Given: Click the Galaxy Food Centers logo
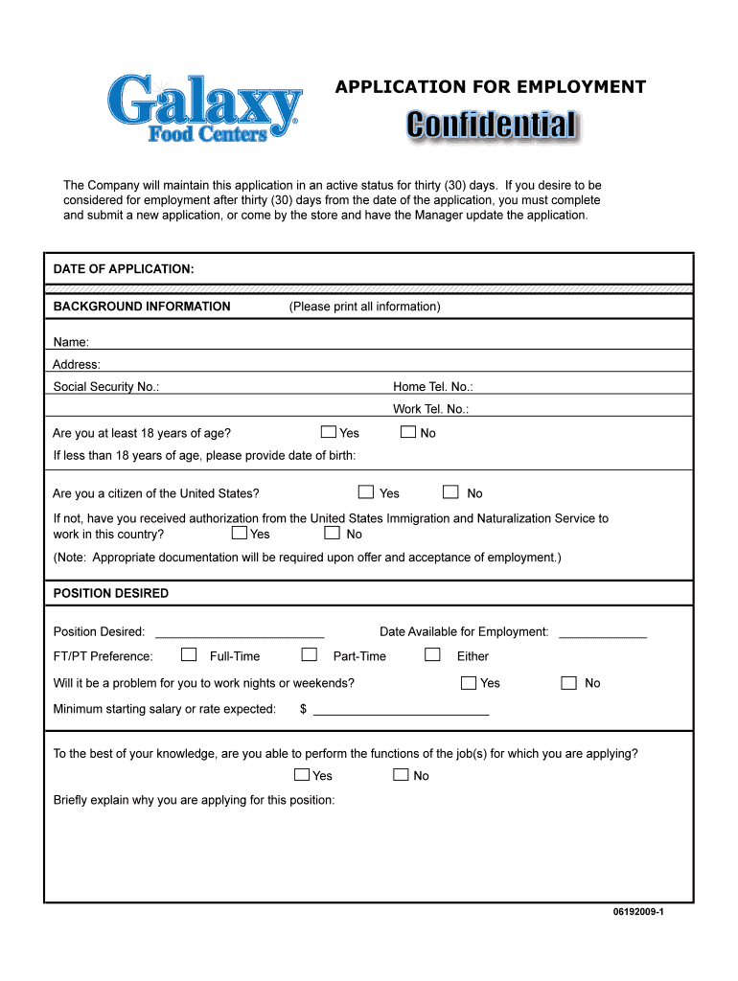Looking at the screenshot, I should coord(204,108).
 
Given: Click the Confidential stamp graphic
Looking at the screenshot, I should coord(492,125).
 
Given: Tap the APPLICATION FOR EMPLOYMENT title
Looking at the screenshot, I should coord(490,88).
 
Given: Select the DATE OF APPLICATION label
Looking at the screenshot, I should coord(124,269).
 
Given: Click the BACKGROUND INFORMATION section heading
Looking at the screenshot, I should coord(142,307).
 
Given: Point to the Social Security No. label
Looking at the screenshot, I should coord(106,387).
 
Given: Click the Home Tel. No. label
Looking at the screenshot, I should coord(432,387).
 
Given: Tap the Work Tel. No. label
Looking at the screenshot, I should coord(430,409).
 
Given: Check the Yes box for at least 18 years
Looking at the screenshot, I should coord(329,432).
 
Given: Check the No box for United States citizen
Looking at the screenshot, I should coord(450,492).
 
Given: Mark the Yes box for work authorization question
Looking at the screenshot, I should coord(240,533).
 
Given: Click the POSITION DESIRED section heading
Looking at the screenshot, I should coord(111,593).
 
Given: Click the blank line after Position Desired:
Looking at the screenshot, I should coord(240,633).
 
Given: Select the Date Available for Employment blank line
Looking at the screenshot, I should coord(602,633).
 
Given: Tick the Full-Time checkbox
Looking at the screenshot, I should coord(189,655).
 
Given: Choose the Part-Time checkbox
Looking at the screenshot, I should coord(309,655).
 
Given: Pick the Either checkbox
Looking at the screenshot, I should coord(432,655).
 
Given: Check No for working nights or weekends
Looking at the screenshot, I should coord(569,683).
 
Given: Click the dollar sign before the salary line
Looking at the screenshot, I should coord(303,710).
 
